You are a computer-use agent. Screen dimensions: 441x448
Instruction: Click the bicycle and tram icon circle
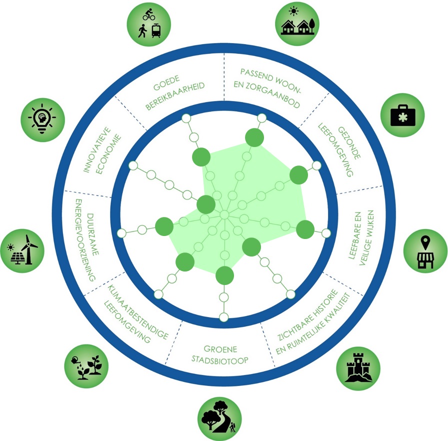tap(149, 24)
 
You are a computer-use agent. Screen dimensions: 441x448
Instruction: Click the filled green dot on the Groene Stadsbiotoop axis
tap(224, 274)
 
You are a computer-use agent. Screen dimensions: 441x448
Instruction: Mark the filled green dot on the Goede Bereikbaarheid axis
tap(200, 156)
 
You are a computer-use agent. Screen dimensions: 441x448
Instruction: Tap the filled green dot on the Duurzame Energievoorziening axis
tap(164, 226)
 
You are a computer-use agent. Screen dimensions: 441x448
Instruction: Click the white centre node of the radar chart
tap(224, 215)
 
